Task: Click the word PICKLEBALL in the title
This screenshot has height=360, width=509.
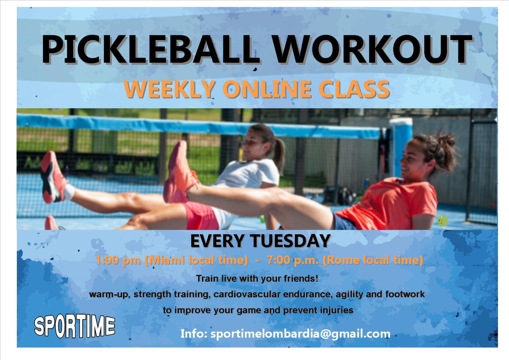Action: click(149, 49)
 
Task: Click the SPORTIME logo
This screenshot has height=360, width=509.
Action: click(74, 326)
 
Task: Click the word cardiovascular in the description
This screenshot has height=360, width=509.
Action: click(247, 294)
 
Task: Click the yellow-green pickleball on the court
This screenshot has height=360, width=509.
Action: click(443, 221)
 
